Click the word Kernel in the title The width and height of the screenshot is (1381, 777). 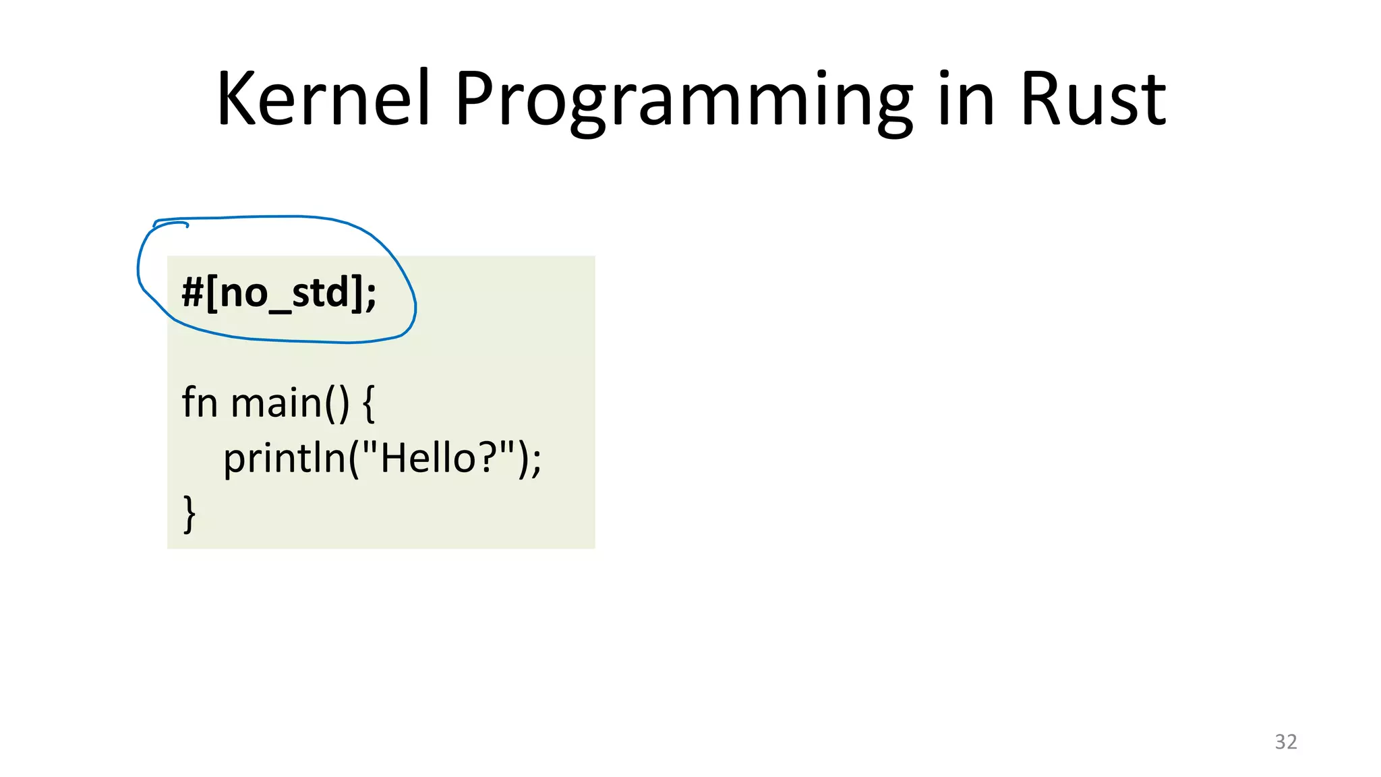click(x=322, y=99)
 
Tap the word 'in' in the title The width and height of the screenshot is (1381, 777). click(x=966, y=99)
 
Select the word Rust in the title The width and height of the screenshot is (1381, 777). click(x=1092, y=99)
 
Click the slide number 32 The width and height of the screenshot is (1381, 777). click(x=1285, y=741)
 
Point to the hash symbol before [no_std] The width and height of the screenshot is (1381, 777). click(x=192, y=293)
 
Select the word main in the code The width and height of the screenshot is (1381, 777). click(x=276, y=403)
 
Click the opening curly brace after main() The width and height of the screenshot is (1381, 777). click(x=368, y=403)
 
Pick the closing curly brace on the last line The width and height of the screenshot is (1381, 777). click(x=189, y=514)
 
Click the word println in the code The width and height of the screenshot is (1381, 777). click(x=285, y=459)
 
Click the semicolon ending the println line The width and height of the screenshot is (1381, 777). click(x=536, y=461)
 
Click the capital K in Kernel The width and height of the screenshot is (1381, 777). click(x=237, y=99)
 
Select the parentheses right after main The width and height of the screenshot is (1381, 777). click(x=337, y=403)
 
